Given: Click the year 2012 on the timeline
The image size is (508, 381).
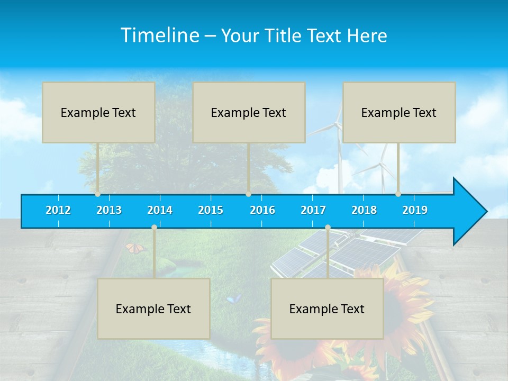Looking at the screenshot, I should pos(58,210).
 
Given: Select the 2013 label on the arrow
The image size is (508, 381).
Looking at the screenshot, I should pos(109,210).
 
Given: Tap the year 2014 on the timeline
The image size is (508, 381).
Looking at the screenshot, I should pos(160,210).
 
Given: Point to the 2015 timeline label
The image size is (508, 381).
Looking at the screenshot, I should pos(211,210).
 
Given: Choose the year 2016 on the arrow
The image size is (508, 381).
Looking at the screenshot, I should pos(262,210).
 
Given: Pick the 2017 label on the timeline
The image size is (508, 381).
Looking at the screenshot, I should pos(313,210).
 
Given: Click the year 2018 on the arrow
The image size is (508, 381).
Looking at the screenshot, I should pos(364,210).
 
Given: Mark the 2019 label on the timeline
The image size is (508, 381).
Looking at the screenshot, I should pos(415,210).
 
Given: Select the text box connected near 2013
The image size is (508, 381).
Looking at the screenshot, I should pos(98,112).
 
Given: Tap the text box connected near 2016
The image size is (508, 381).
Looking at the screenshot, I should pos(249,112).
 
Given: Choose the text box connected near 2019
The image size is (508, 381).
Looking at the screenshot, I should pos(399,112).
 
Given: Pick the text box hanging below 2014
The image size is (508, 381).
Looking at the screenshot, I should pos(153,309).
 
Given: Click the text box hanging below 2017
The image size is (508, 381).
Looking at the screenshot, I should pos(327,309).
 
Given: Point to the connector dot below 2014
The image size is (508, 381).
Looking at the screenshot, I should pos(154,228).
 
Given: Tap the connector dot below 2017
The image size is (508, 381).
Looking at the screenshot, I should pos(328,228).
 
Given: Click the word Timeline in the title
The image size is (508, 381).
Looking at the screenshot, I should pos(159,35).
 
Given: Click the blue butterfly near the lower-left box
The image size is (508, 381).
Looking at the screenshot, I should pos(233,299).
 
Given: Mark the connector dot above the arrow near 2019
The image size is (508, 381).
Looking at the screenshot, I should pos(398,194).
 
